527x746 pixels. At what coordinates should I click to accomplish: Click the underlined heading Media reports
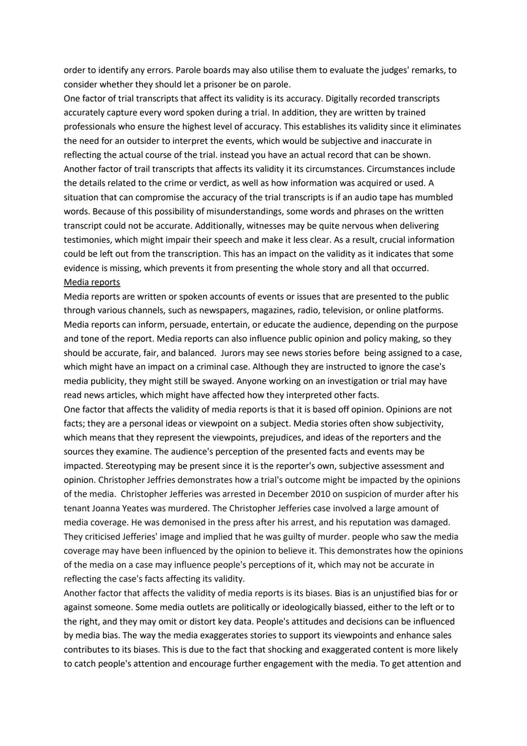coord(92,282)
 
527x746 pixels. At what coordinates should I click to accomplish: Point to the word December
coord(278,494)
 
